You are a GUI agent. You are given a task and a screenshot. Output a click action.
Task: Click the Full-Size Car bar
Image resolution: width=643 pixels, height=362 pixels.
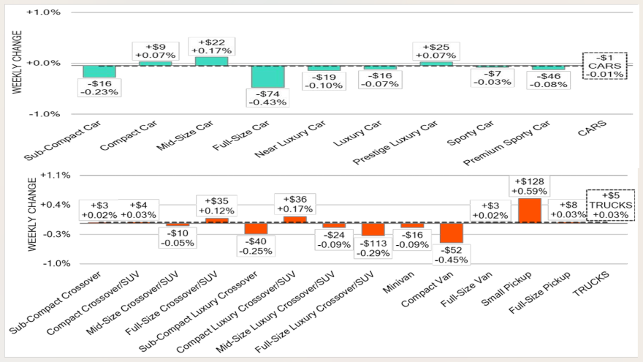pos(267,76)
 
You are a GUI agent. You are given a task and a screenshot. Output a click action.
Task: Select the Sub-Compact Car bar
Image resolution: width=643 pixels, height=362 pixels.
pos(99,71)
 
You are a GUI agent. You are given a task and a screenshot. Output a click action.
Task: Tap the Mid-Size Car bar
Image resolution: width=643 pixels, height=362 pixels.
pos(211,61)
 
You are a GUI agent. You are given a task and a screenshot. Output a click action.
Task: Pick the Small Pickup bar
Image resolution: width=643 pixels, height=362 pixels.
pos(530,210)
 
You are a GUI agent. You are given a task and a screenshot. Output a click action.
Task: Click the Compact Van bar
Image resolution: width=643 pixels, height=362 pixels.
pos(452,233)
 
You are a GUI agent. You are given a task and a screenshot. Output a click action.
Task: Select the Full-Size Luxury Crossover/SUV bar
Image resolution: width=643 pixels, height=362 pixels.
pos(373,229)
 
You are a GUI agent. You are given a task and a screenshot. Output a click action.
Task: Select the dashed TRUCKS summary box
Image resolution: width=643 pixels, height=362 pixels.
pos(610,205)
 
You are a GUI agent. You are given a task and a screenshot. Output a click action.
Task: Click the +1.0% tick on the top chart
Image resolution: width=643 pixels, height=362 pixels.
pos(43,12)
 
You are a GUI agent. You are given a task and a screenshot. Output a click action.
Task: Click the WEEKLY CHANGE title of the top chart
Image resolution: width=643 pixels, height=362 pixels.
pos(16,62)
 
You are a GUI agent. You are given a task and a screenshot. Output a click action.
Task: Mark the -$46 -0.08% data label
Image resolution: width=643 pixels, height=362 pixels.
pos(548,80)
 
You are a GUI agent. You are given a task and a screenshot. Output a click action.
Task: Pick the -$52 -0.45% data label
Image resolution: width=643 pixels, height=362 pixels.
pos(452,254)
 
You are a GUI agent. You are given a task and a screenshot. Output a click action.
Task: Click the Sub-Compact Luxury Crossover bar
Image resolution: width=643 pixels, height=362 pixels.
pos(256,228)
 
